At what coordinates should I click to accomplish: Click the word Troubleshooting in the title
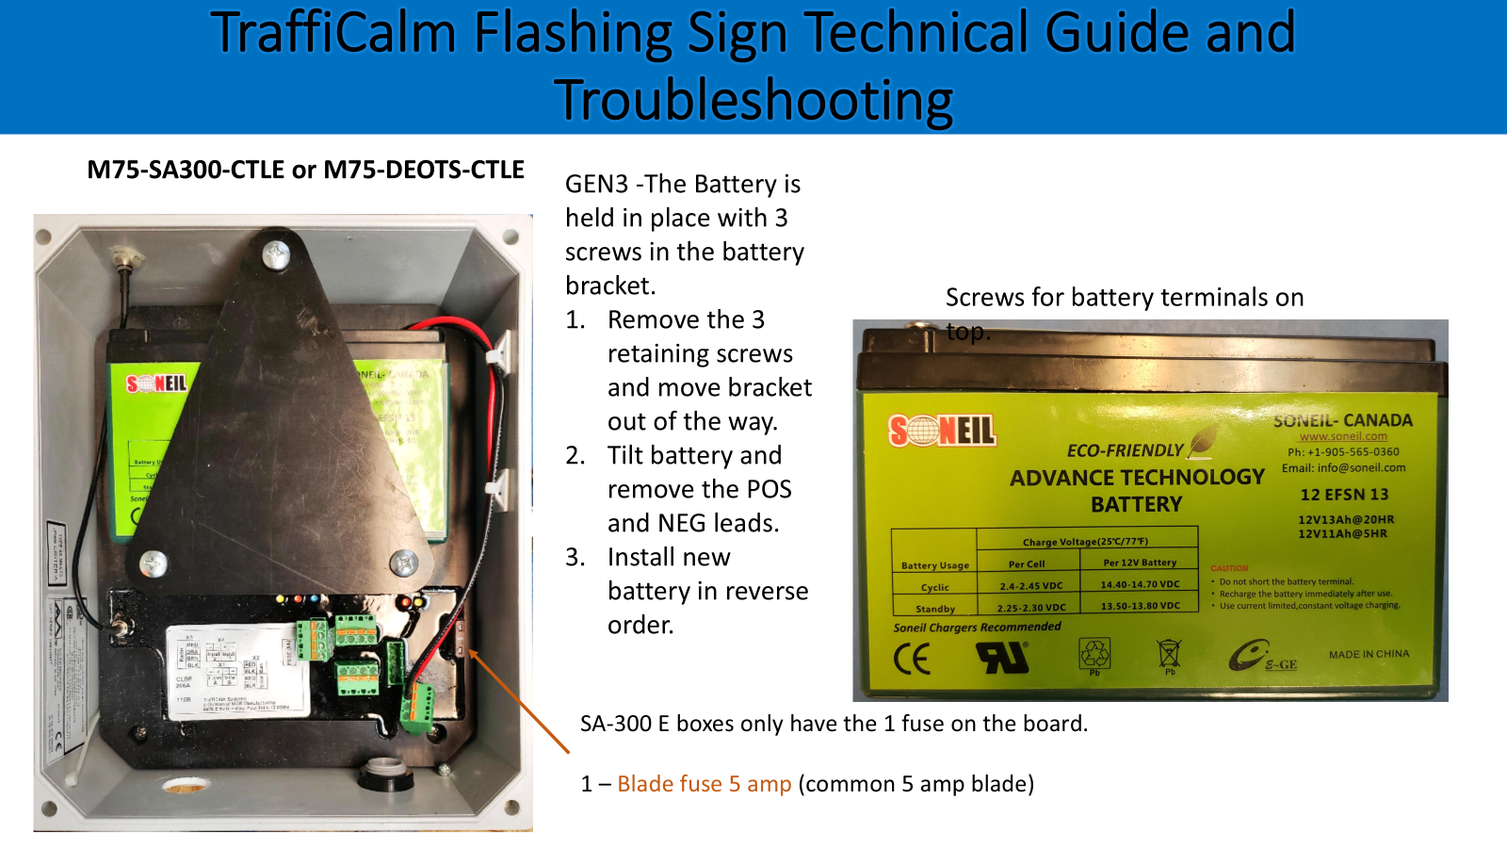[753, 100]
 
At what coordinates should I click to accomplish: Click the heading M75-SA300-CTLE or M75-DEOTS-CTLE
[305, 170]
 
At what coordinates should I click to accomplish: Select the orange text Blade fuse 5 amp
[704, 784]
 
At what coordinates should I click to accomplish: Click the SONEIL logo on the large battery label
[942, 432]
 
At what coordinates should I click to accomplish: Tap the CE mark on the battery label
[912, 659]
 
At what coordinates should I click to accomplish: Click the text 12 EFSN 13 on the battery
[1344, 495]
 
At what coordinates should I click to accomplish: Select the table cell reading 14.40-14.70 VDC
[1140, 584]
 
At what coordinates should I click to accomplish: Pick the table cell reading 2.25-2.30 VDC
[1031, 608]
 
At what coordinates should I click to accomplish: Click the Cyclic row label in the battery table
[934, 587]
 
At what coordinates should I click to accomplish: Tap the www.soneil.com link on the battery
[1343, 436]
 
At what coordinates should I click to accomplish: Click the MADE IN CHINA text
[1369, 654]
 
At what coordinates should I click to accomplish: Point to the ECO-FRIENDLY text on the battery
[1125, 450]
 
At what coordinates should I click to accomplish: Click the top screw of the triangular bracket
[276, 253]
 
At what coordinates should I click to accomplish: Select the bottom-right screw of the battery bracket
[405, 563]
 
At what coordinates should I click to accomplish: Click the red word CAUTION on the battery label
[1229, 568]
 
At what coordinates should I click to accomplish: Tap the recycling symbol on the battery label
[1094, 653]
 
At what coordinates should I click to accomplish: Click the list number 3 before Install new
[575, 557]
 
